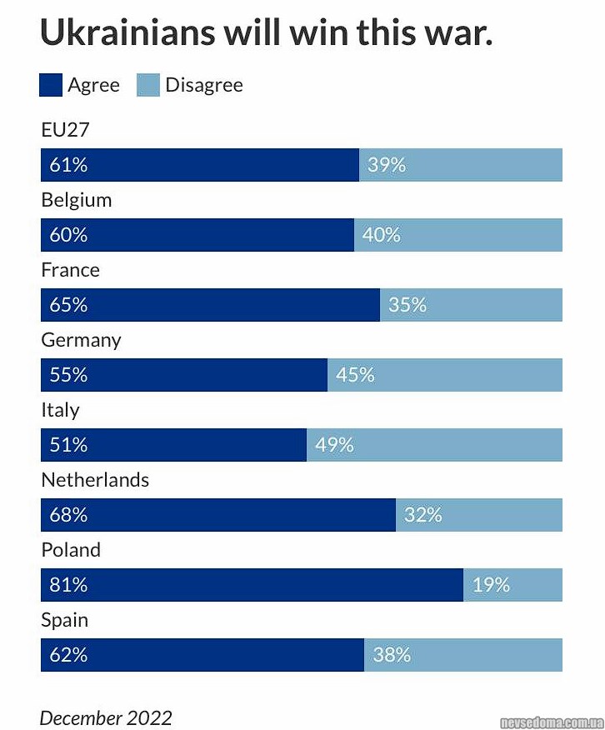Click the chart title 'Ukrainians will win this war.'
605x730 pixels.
coord(266,32)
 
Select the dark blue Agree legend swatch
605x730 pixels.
coord(51,85)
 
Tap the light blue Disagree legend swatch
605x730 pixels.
coord(147,85)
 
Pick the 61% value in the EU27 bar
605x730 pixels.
coord(68,165)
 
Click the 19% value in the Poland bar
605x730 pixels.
coord(491,585)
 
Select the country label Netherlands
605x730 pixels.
coord(95,480)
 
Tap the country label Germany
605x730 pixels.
coord(81,340)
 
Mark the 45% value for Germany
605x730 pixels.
coord(355,375)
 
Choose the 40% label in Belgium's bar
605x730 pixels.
coord(381,235)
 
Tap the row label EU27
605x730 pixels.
coord(65,130)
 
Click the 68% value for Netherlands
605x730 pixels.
coord(68,515)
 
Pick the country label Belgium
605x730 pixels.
coord(76,200)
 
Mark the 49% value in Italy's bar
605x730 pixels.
coord(334,445)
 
